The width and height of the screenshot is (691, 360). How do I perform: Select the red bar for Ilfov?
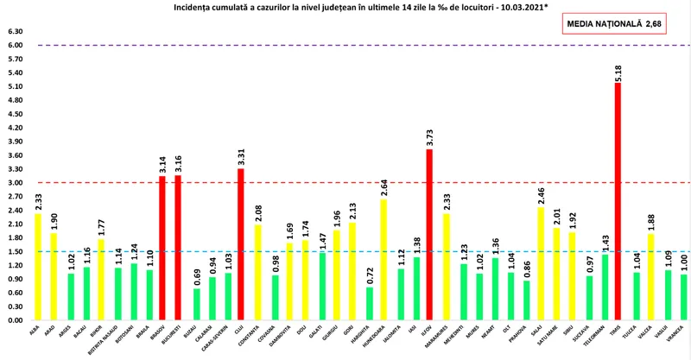(429, 234)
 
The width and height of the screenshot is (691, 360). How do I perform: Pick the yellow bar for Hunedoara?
(382, 259)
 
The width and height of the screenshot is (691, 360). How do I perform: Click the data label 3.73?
(429, 136)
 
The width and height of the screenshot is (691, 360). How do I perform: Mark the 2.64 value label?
(382, 186)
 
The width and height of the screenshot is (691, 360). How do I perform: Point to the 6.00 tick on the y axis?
(15, 45)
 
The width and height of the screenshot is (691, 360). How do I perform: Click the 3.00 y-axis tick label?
(15, 183)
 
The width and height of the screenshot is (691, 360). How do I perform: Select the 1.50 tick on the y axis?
(15, 251)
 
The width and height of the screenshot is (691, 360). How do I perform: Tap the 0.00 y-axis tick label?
(15, 320)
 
